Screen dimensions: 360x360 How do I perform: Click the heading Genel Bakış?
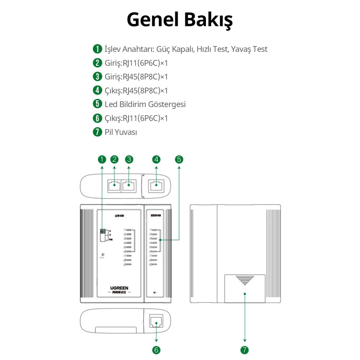180,20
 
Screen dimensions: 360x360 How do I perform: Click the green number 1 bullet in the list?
97,49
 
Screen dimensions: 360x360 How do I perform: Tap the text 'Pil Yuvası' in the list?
120,132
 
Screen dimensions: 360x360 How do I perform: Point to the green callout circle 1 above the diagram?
101,159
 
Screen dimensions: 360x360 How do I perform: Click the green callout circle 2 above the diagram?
114,159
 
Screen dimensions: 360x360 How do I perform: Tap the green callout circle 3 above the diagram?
129,159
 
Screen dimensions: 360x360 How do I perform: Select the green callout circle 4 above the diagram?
156,159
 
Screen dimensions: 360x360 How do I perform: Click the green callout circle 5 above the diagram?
179,159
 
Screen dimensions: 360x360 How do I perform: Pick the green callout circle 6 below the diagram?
156,350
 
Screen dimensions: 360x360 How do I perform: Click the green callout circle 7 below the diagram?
245,350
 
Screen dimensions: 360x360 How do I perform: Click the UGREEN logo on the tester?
119,288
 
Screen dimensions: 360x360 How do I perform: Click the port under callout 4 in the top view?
156,185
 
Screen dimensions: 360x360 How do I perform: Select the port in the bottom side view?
156,322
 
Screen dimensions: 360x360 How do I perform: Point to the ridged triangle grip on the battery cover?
245,280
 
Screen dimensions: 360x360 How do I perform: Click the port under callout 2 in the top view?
114,185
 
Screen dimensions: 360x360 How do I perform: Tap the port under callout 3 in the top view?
129,185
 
